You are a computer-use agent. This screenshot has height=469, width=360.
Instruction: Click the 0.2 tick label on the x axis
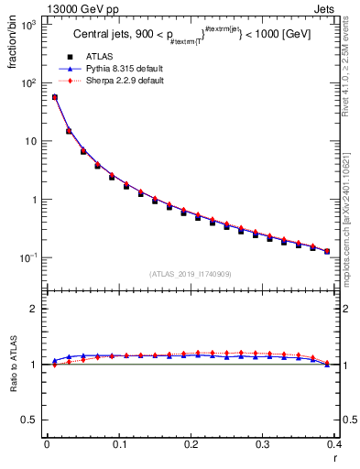pos(191,444)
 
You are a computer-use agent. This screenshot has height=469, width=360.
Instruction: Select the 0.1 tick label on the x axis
pos(118,444)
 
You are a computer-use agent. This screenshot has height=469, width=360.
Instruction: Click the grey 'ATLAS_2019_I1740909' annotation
pos(190,274)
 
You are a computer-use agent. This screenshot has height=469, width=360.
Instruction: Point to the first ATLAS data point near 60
pos(54,97)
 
